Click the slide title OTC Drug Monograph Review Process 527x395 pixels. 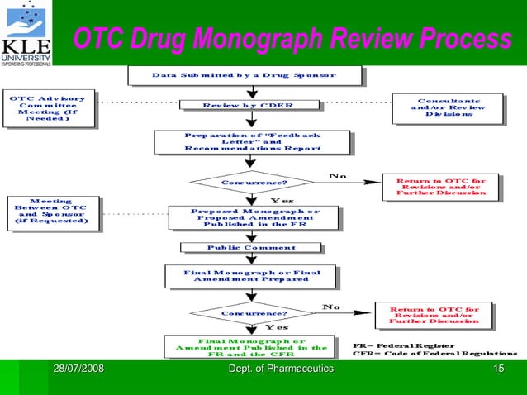(292, 39)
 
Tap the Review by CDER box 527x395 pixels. (248, 106)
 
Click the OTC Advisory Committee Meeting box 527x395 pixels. (47, 109)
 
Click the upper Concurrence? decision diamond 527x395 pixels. (254, 182)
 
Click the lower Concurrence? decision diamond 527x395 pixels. (254, 314)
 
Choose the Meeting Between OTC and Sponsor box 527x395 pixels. (51, 211)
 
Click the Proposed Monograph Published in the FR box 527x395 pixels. (254, 217)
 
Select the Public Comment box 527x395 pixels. (250, 247)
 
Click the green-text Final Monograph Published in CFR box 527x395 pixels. (251, 346)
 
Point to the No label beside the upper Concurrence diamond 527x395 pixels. (339, 175)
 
